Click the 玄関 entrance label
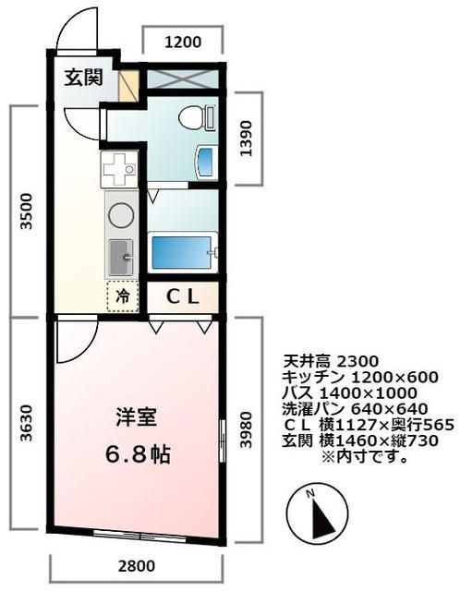tap(83, 78)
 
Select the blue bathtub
tap(182, 250)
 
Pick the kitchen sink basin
tap(120, 256)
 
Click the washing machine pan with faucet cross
tap(119, 169)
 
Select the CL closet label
tap(183, 296)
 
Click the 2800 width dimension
tap(136, 566)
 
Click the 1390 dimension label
tap(244, 138)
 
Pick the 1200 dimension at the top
tap(183, 40)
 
